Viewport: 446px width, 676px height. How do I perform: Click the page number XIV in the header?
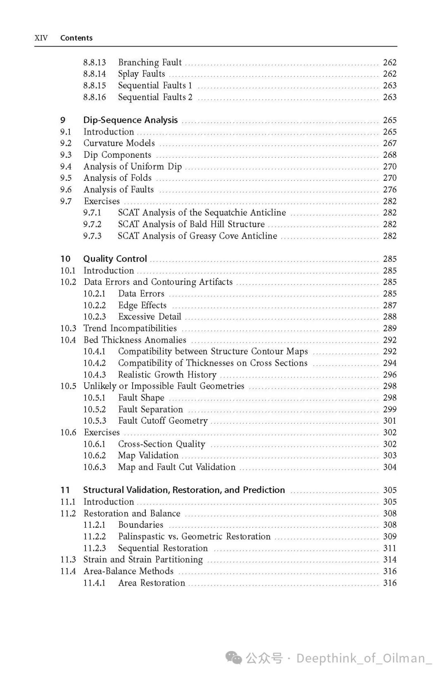pyautogui.click(x=41, y=38)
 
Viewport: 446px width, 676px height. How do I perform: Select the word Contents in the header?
pyautogui.click(x=76, y=38)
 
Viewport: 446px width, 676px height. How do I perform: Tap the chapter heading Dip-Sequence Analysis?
pyautogui.click(x=130, y=120)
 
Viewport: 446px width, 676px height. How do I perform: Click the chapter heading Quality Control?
pyautogui.click(x=115, y=259)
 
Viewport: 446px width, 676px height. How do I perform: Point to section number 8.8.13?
pyautogui.click(x=95, y=62)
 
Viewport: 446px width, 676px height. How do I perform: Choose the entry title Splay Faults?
pyautogui.click(x=141, y=74)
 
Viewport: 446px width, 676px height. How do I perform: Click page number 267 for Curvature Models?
pyautogui.click(x=389, y=143)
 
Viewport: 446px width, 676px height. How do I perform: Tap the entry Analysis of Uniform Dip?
pyautogui.click(x=133, y=166)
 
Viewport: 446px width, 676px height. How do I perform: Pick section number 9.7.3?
pyautogui.click(x=92, y=236)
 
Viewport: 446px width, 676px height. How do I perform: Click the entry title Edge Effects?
pyautogui.click(x=142, y=305)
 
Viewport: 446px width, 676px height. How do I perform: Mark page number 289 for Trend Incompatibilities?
pyautogui.click(x=389, y=328)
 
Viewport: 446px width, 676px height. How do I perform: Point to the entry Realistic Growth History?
pyautogui.click(x=167, y=375)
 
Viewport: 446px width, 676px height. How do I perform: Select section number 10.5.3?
pyautogui.click(x=95, y=421)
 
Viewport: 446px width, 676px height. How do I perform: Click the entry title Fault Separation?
pyautogui.click(x=150, y=409)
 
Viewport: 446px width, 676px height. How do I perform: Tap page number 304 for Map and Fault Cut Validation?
pyautogui.click(x=389, y=467)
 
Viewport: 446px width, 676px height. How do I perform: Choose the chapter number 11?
pyautogui.click(x=65, y=490)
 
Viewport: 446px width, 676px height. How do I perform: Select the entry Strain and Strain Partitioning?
pyautogui.click(x=143, y=560)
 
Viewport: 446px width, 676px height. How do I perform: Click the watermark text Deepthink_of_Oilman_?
pyautogui.click(x=364, y=658)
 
